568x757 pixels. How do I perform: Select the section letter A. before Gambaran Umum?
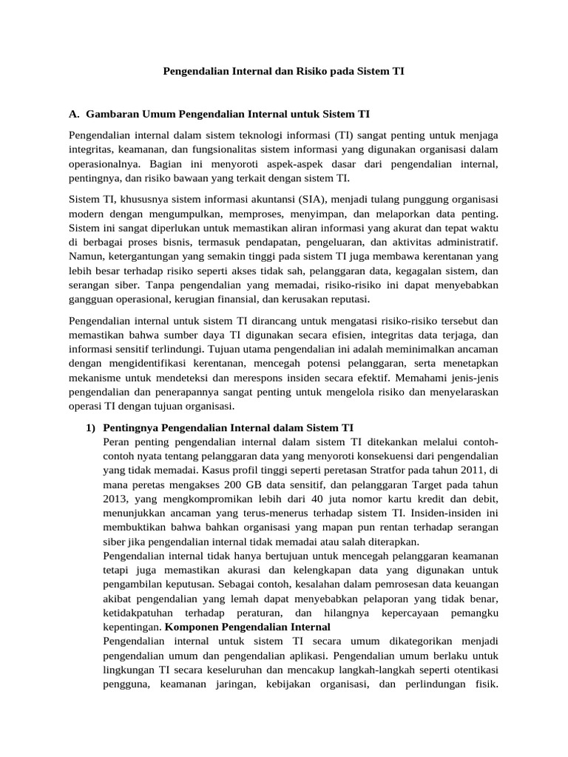[74, 115]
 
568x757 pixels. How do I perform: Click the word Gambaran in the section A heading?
[109, 115]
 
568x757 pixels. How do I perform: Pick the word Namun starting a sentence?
[84, 257]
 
